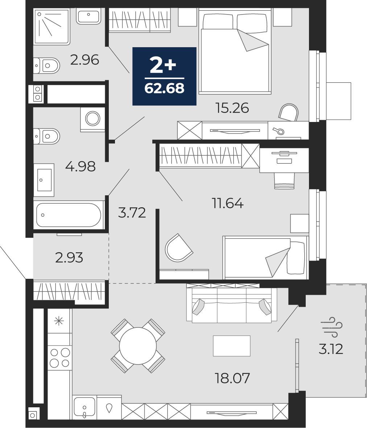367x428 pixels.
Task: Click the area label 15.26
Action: click(x=232, y=108)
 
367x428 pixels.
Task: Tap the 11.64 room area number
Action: click(x=228, y=203)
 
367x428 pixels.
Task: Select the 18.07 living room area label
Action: click(x=232, y=378)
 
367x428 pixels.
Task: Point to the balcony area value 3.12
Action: click(x=331, y=349)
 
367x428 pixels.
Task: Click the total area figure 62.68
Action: click(x=164, y=88)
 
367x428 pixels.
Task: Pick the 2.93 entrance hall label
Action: click(x=69, y=258)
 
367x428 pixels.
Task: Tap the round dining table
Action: click(x=138, y=346)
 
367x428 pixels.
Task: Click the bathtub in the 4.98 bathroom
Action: click(x=69, y=215)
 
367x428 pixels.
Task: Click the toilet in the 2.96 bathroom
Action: click(x=47, y=65)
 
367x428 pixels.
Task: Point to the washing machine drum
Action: click(x=93, y=119)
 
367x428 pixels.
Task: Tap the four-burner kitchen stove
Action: click(x=60, y=358)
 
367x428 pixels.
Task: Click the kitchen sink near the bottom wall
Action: click(x=84, y=408)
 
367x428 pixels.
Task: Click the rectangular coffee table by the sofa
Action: click(x=232, y=346)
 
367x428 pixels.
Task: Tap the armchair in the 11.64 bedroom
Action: click(x=178, y=248)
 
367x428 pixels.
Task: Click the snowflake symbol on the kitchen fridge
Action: click(x=59, y=321)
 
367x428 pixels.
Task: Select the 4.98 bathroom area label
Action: click(x=81, y=167)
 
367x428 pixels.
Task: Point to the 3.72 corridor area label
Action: click(x=132, y=213)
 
